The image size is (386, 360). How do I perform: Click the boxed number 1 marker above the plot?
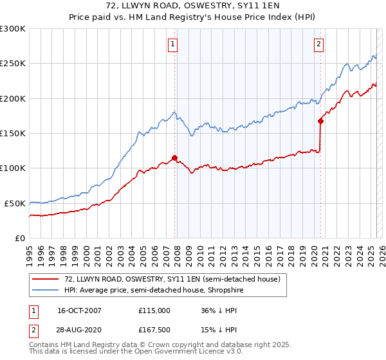(x=174, y=44)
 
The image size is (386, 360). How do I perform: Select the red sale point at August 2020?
(x=320, y=121)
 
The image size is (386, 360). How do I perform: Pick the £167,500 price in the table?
(x=154, y=331)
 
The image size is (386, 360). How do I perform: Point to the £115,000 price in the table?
(x=154, y=310)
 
